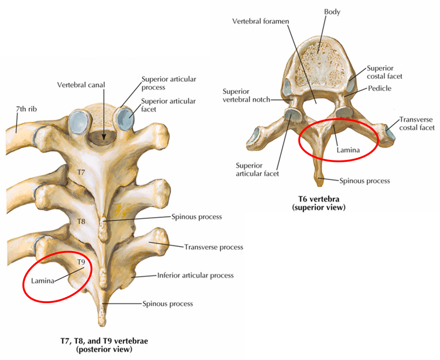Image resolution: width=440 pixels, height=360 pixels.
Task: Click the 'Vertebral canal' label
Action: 81,85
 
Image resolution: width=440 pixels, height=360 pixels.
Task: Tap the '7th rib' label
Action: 26,109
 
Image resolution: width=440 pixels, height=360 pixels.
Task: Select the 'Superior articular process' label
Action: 169,83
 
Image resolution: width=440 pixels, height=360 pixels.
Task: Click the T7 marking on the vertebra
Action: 81,172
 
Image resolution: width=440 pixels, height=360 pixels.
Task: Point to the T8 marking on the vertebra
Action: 81,221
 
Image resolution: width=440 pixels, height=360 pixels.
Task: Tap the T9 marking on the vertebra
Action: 81,262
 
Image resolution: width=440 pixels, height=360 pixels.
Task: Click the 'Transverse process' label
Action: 213,247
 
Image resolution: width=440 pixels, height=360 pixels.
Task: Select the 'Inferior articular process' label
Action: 195,275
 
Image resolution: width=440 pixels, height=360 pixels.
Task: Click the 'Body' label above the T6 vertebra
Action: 332,12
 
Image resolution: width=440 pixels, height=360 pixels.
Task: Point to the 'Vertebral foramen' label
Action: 260,21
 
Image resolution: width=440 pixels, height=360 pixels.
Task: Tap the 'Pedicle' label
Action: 380,88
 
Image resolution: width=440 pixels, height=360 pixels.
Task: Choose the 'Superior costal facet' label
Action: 384,72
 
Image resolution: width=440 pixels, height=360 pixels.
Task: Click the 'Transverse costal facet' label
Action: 417,123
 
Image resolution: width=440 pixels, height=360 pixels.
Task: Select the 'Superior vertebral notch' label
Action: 246,95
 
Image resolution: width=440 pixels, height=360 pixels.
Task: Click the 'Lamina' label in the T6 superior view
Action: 348,150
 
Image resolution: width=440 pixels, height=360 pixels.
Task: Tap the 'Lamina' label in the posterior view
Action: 43,281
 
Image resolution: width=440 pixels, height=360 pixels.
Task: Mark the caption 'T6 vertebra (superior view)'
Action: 319,203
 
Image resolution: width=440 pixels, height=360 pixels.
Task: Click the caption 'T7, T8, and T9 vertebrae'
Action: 104,341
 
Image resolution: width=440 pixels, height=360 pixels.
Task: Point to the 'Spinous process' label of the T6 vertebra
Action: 364,181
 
